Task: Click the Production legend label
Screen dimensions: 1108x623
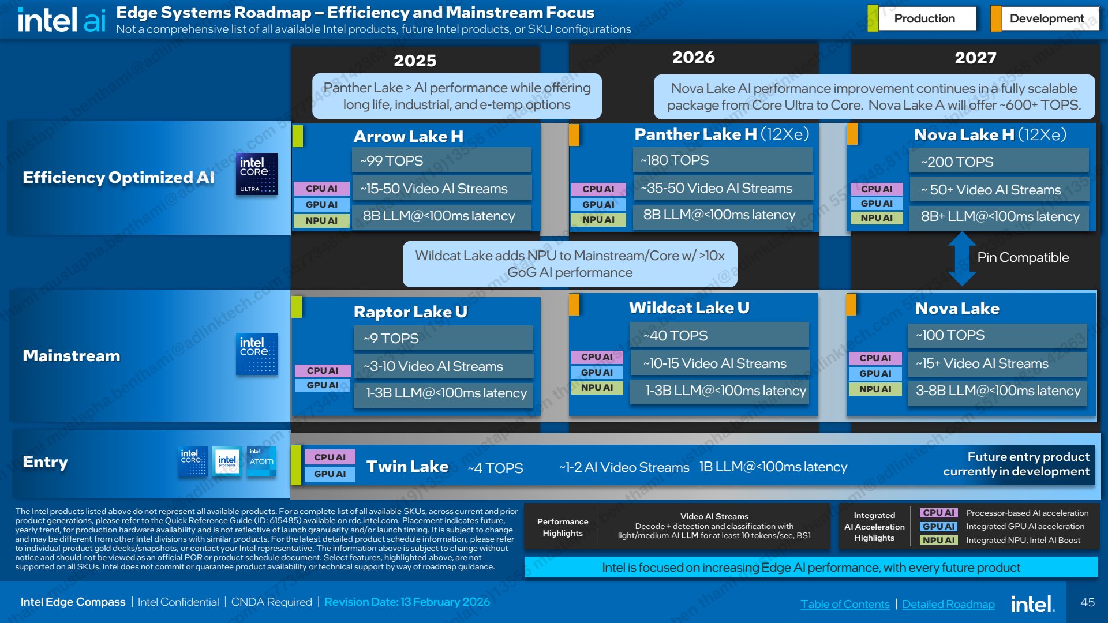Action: coord(924,18)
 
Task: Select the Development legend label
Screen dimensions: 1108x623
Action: coord(1046,18)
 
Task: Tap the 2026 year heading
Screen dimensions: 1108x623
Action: coord(693,57)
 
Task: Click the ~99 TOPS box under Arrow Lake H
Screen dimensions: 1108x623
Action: coord(441,160)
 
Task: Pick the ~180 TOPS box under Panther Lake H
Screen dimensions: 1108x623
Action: coord(723,160)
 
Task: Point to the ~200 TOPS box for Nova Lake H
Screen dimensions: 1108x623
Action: coord(999,162)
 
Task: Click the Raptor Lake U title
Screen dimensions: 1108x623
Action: coord(410,311)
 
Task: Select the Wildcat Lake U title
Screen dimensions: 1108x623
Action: coord(689,307)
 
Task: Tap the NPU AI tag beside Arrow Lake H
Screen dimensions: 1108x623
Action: coord(321,220)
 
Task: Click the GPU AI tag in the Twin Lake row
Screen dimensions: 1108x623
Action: coord(330,474)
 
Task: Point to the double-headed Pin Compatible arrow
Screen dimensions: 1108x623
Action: coord(962,258)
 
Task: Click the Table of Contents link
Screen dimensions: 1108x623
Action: coord(845,604)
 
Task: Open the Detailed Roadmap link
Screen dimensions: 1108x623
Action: coord(948,604)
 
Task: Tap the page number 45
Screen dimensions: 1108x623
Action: coord(1087,602)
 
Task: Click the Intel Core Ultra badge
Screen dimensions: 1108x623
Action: coord(257,174)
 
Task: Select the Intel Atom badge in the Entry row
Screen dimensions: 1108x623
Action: coord(261,461)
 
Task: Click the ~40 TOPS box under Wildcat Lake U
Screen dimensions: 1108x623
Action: coord(719,335)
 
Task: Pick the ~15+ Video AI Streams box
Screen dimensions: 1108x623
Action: coord(997,363)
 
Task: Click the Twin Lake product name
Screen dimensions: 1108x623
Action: coord(407,466)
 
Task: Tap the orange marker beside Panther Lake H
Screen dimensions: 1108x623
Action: coord(574,135)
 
